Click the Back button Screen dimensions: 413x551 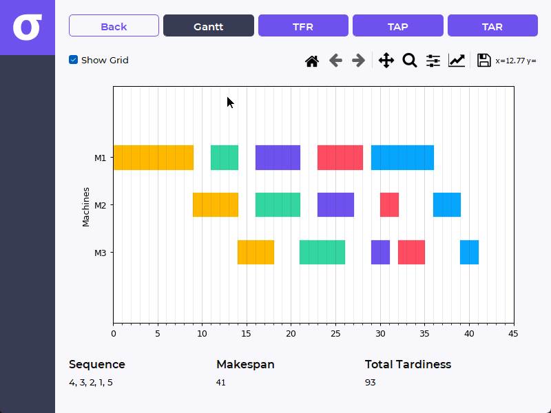(x=114, y=26)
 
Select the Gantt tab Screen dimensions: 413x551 (x=208, y=26)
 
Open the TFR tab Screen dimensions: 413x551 (x=303, y=26)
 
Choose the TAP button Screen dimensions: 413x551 (x=397, y=26)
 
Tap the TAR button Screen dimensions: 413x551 (x=492, y=26)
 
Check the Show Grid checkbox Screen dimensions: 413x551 (x=74, y=60)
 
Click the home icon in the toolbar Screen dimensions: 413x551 (x=312, y=61)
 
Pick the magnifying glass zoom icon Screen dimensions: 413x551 (x=410, y=61)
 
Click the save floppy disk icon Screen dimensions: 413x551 (x=484, y=61)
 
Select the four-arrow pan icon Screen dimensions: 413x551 (x=386, y=61)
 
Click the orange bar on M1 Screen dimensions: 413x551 (x=153, y=158)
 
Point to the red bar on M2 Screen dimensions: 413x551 (x=389, y=205)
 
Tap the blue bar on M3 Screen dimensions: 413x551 (x=469, y=252)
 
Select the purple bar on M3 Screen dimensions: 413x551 (x=380, y=252)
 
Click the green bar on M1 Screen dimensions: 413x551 (x=225, y=158)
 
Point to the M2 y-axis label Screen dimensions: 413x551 (x=100, y=205)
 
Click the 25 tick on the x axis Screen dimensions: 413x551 (x=335, y=334)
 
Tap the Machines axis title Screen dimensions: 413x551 (x=86, y=206)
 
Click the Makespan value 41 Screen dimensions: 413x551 (x=221, y=383)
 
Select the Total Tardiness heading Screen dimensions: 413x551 (x=408, y=365)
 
